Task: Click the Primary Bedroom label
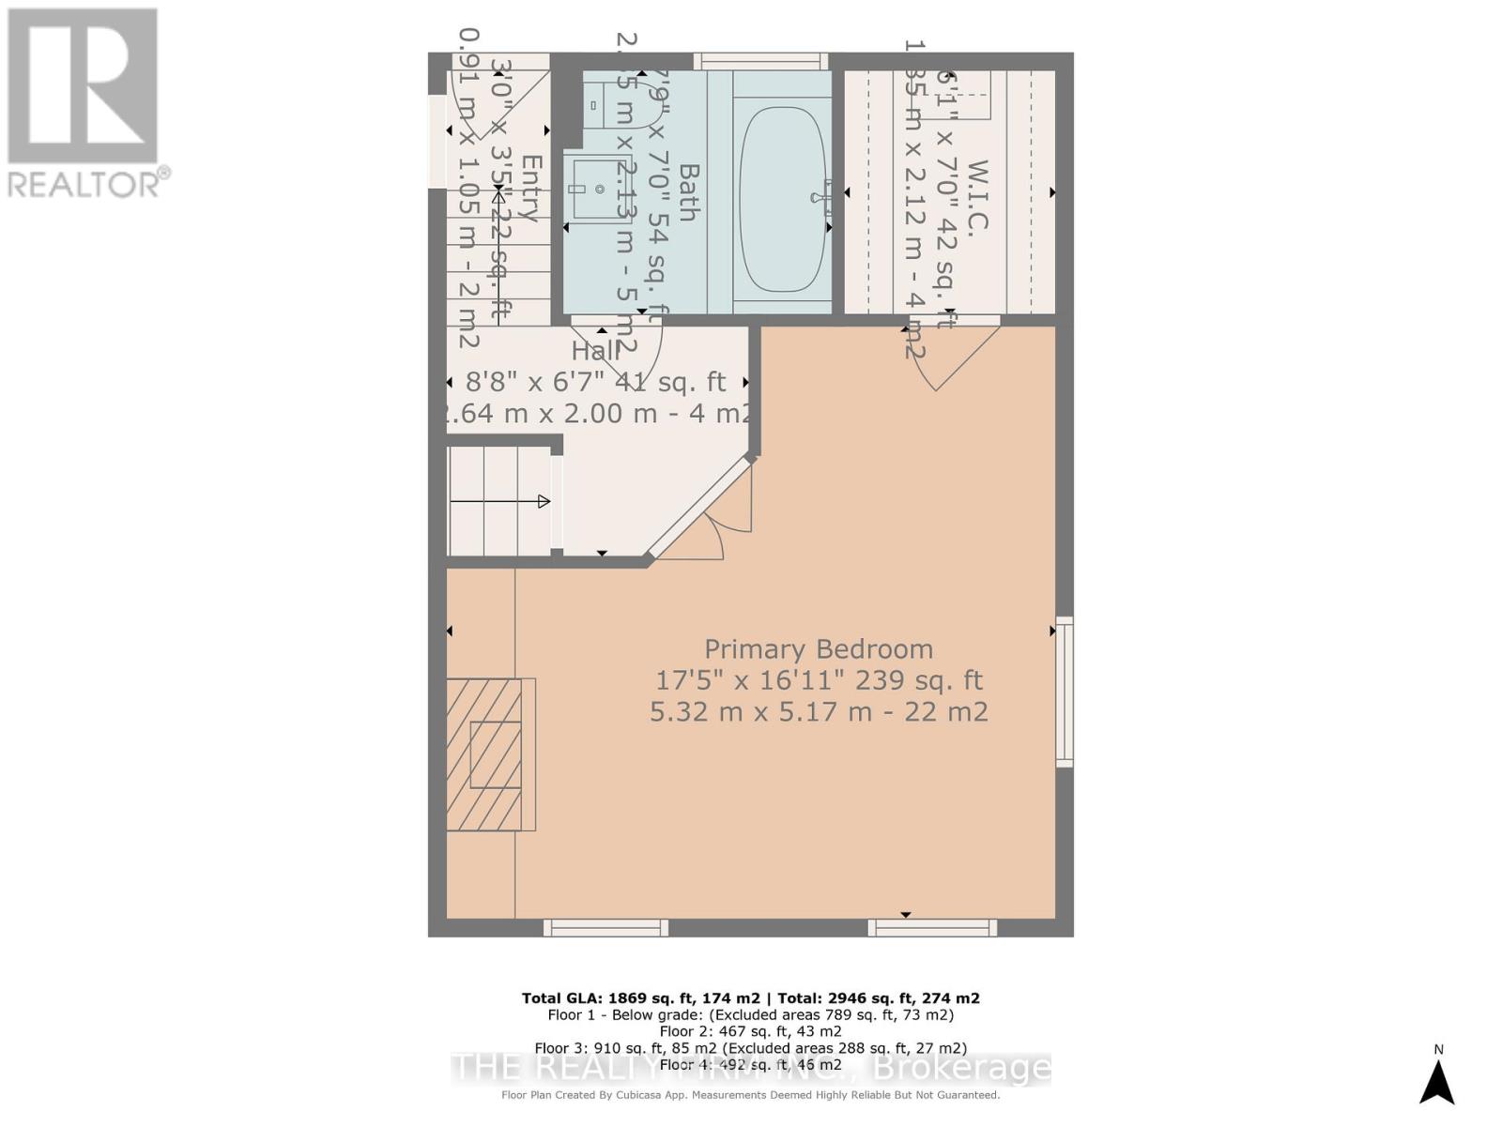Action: pos(818,649)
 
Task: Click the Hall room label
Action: pos(595,351)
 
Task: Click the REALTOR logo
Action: pos(84,103)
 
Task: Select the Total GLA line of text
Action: pos(750,998)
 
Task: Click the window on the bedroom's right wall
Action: pos(1065,692)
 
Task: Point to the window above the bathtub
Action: pos(760,61)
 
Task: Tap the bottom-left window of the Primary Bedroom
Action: pos(605,928)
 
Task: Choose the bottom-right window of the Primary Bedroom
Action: pos(932,928)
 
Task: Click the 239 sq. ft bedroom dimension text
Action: pos(818,680)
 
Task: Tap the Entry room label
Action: pos(530,188)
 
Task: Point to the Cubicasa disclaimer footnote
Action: pos(750,1095)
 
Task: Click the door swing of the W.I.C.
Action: pos(958,357)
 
